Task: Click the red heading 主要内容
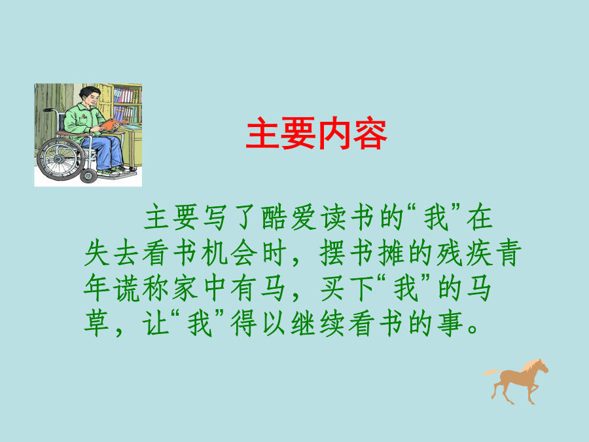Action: (x=316, y=134)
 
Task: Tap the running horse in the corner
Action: (x=516, y=381)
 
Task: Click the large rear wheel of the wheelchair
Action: (x=60, y=159)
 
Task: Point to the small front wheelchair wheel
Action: (x=88, y=175)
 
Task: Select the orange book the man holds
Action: (x=112, y=124)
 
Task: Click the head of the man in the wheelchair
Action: (x=90, y=96)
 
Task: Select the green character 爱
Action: (x=304, y=217)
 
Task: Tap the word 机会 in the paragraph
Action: (x=229, y=253)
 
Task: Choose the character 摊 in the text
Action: (x=391, y=253)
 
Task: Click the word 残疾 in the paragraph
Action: (x=464, y=253)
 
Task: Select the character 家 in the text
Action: (x=185, y=288)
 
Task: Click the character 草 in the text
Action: (x=97, y=323)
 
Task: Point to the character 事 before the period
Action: (x=450, y=323)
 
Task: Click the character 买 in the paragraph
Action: (x=332, y=288)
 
